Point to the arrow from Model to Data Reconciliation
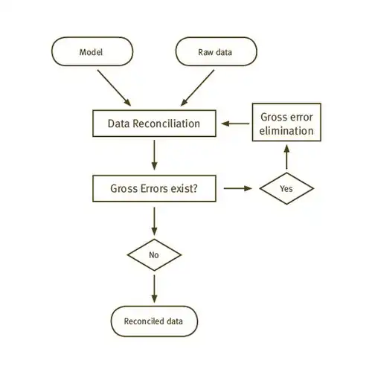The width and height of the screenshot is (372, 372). [x=114, y=88]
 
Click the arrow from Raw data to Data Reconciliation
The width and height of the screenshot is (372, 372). [x=197, y=88]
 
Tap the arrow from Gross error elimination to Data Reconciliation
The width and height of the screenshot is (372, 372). [x=235, y=124]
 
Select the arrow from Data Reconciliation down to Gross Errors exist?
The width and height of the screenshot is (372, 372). [x=154, y=155]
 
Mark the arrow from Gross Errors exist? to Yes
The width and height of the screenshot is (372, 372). [x=238, y=188]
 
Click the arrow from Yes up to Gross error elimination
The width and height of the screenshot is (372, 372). [x=286, y=157]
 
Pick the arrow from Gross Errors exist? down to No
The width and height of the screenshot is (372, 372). [x=154, y=221]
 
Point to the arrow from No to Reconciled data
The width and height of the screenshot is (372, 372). [x=154, y=289]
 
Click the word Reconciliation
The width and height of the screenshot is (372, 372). [x=167, y=124]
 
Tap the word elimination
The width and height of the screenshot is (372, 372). [x=286, y=131]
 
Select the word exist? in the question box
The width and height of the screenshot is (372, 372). [x=185, y=188]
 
